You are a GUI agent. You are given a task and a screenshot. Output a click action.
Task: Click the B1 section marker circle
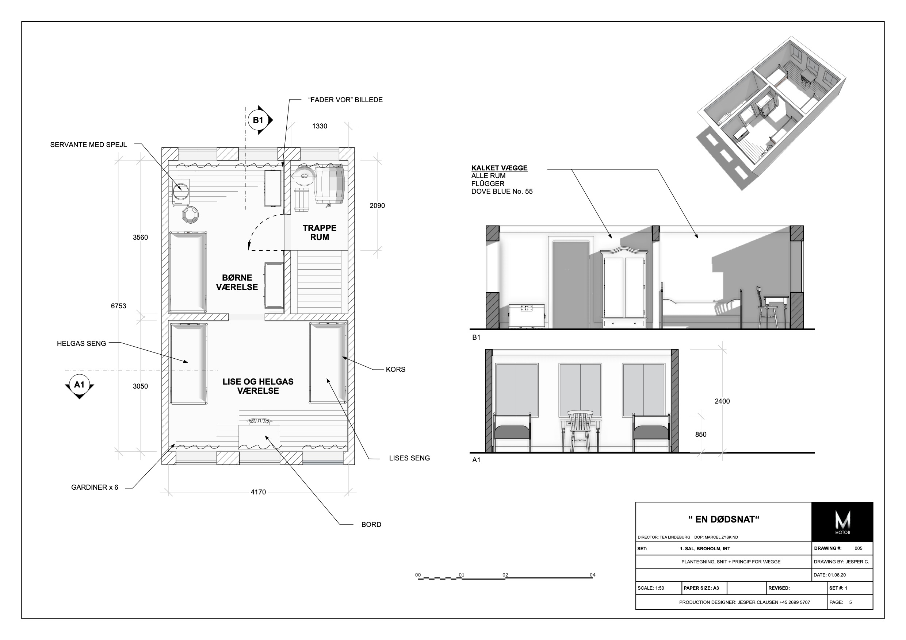tap(258, 120)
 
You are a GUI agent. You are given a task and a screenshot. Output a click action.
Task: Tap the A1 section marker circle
tap(79, 384)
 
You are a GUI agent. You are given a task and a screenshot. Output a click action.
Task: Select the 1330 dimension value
tap(320, 126)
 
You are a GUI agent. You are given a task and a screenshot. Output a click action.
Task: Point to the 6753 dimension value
tap(118, 306)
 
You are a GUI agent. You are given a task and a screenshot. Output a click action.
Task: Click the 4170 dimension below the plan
tap(258, 492)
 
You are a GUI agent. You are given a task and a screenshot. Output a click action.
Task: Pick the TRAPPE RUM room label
tap(320, 233)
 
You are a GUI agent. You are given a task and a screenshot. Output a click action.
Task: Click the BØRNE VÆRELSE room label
tap(237, 282)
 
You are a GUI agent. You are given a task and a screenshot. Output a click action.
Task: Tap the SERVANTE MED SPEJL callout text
tap(88, 145)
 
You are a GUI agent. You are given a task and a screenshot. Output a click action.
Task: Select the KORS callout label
tap(395, 370)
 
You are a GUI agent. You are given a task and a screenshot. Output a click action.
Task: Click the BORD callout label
tap(371, 524)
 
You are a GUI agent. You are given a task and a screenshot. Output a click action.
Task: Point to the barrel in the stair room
tap(329, 185)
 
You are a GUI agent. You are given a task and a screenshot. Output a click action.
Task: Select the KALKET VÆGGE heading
tap(499, 168)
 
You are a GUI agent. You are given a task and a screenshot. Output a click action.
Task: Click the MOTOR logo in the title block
tap(842, 522)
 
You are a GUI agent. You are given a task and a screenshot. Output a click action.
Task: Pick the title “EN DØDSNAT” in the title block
tap(724, 519)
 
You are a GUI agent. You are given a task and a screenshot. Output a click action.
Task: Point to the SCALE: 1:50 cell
tap(651, 588)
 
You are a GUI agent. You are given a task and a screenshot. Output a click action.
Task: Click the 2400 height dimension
tap(722, 401)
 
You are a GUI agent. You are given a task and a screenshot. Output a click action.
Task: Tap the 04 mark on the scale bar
tap(592, 575)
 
